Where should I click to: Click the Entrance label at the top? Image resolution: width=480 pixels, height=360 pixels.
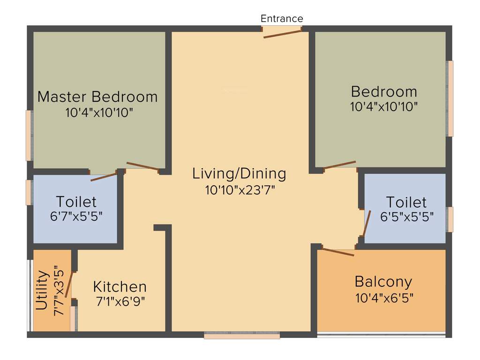pyautogui.click(x=282, y=19)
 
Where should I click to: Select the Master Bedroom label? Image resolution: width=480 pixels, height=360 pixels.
pyautogui.click(x=97, y=97)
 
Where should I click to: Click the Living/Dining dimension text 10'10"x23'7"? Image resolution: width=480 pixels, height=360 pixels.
pyautogui.click(x=240, y=190)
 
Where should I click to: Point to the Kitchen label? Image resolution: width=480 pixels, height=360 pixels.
pyautogui.click(x=120, y=286)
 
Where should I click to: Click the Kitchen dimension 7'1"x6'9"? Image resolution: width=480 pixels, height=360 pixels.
pyautogui.click(x=120, y=301)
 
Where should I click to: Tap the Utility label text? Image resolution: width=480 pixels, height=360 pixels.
pyautogui.click(x=42, y=291)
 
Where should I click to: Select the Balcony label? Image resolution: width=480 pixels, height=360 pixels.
pyautogui.click(x=383, y=282)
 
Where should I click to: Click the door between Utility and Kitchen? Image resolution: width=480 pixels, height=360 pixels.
pyautogui.click(x=70, y=283)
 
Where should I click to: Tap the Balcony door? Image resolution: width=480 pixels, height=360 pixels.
pyautogui.click(x=338, y=252)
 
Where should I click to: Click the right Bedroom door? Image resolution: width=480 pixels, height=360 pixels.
pyautogui.click(x=340, y=165)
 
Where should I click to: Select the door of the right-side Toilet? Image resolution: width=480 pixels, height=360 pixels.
pyautogui.click(x=366, y=223)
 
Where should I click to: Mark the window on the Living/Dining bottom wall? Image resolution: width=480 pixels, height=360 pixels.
pyautogui.click(x=242, y=336)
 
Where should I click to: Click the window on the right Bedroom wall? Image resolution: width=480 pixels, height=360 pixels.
pyautogui.click(x=450, y=98)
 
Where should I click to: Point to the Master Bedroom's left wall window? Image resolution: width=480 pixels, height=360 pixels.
pyautogui.click(x=29, y=136)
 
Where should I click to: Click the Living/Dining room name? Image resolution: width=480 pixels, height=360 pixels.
pyautogui.click(x=239, y=173)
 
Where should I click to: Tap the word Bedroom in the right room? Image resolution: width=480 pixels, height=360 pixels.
pyautogui.click(x=384, y=91)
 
